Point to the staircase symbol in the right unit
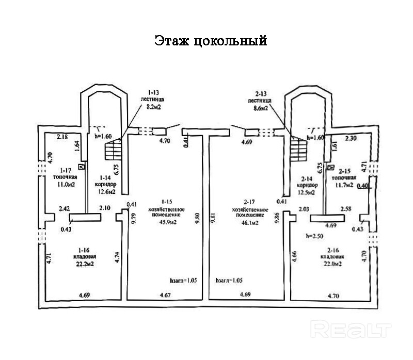click(x=298, y=152)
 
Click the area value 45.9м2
click(x=167, y=223)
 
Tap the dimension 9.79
click(x=134, y=219)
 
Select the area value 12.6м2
click(x=105, y=193)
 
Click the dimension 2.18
click(x=62, y=137)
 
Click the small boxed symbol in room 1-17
click(x=81, y=166)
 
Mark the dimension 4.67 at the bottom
click(x=165, y=296)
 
